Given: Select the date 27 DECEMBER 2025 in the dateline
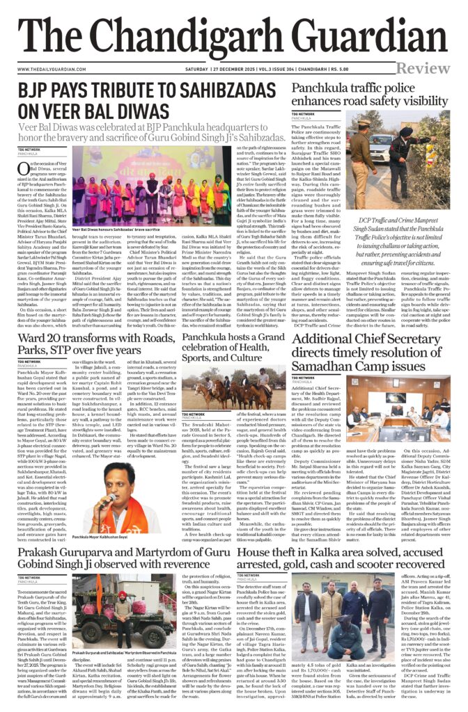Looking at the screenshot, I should [x=242, y=68].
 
